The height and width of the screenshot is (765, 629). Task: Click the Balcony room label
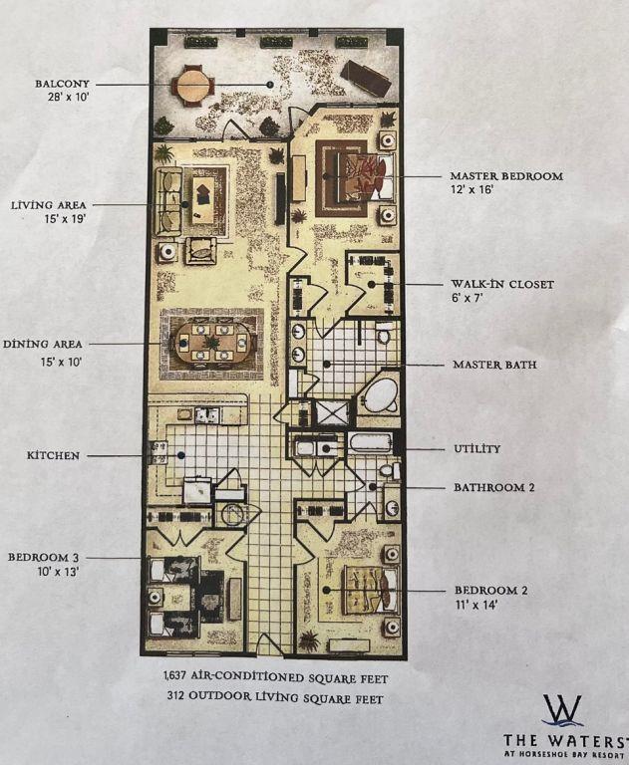[x=62, y=84]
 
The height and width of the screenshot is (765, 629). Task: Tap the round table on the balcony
[x=192, y=86]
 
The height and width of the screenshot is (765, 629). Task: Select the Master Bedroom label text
[x=506, y=176]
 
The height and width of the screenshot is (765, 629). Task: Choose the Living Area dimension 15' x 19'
[x=65, y=219]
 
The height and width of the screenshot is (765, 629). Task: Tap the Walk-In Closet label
[x=502, y=285]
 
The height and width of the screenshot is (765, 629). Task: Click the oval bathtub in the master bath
[x=381, y=396]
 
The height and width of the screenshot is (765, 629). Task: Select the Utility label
[x=477, y=449]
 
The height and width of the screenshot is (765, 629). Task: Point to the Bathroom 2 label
[x=493, y=487]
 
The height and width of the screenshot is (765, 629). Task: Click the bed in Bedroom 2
[x=372, y=590]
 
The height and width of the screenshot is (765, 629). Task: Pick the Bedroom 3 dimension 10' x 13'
[x=58, y=572]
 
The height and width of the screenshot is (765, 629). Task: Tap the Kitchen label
[x=53, y=455]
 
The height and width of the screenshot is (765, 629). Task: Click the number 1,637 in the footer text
[x=175, y=676]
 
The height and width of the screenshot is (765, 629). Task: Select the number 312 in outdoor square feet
[x=175, y=696]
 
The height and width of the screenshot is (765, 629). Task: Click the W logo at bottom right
[x=562, y=710]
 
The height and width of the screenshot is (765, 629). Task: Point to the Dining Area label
[x=43, y=344]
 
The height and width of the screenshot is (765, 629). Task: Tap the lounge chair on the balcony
[x=366, y=78]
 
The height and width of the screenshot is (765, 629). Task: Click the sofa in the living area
[x=168, y=201]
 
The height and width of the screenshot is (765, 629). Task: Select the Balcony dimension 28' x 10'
[x=68, y=97]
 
